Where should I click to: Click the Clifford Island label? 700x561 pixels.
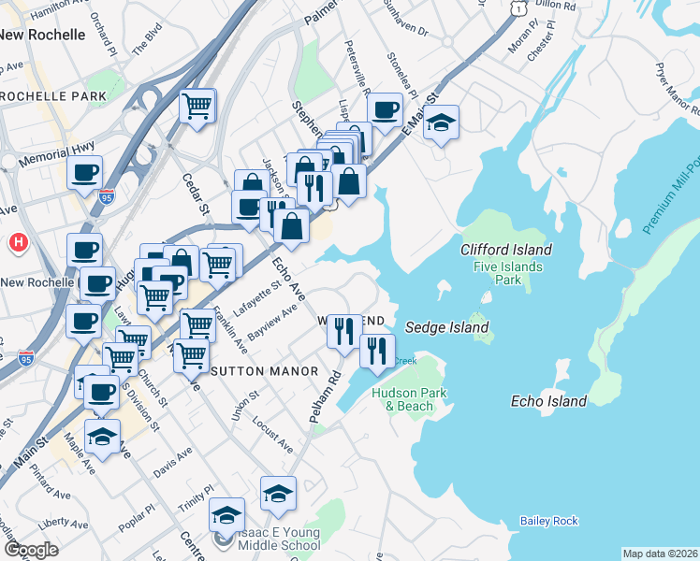tap(505, 250)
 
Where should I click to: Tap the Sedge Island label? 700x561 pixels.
tap(446, 327)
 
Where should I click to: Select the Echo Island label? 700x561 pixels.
tap(548, 401)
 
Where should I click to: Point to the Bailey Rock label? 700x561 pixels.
tap(548, 521)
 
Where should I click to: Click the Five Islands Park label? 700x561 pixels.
tap(507, 272)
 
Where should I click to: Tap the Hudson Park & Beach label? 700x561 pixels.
tap(402, 399)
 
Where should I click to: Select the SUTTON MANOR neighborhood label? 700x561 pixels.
tap(269, 371)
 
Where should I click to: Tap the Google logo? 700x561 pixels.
tap(31, 550)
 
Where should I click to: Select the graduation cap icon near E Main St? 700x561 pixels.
tap(441, 123)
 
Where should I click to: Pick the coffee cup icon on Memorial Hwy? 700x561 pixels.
tap(85, 173)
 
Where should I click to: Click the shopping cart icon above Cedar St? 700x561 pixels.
tap(197, 107)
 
